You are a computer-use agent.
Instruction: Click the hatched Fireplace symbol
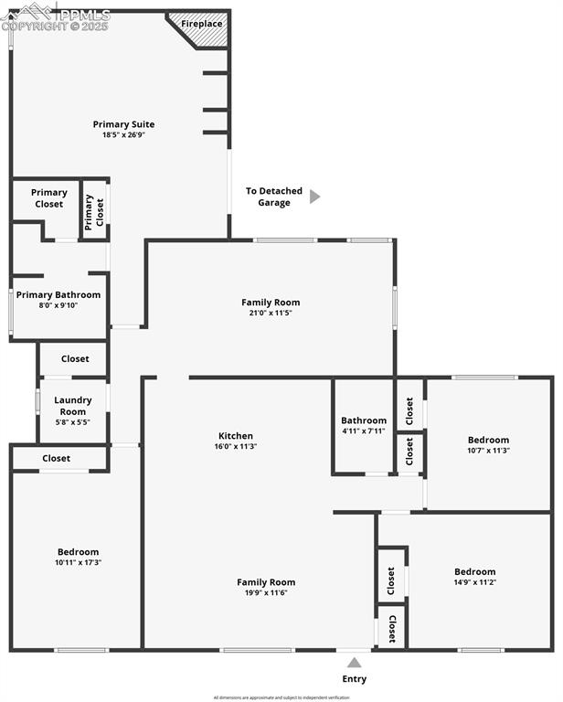point(203,30)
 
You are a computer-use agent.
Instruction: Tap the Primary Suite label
point(123,124)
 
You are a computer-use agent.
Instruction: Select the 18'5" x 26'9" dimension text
point(123,135)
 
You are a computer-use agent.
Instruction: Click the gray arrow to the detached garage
point(314,197)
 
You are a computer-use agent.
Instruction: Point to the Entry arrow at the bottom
point(354,663)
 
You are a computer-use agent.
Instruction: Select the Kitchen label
point(236,436)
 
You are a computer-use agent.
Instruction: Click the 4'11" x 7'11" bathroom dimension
point(364,431)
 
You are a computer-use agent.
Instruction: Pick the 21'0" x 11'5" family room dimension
point(271,313)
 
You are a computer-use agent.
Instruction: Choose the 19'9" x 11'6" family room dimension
point(266,593)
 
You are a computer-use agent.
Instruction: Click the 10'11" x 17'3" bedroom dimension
point(79,562)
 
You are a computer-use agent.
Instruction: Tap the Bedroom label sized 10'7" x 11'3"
point(488,440)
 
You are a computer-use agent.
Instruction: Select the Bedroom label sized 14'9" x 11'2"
point(475,571)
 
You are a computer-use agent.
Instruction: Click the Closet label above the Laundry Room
point(75,359)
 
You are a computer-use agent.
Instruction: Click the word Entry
point(355,679)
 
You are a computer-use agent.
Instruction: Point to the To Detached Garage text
point(273,197)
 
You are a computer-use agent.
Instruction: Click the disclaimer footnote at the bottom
point(281,697)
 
